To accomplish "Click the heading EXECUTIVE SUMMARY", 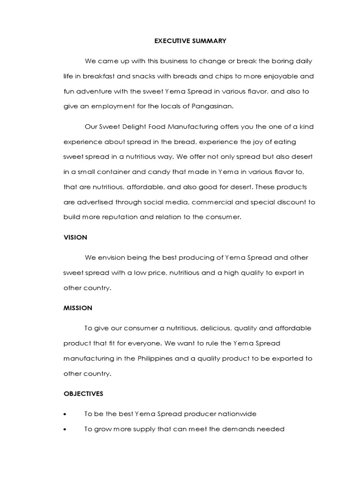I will (x=190, y=41).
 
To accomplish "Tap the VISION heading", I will (x=75, y=237).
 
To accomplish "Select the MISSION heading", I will (x=78, y=308).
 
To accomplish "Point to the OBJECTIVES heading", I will (x=83, y=394).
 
